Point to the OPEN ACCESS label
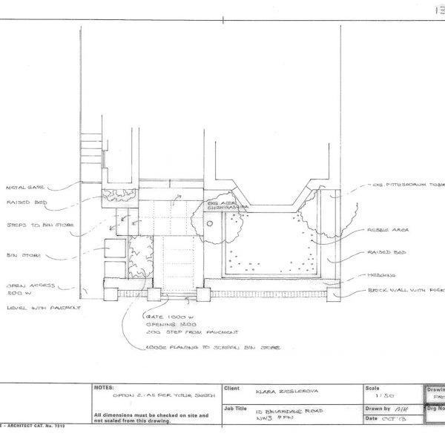25,284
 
